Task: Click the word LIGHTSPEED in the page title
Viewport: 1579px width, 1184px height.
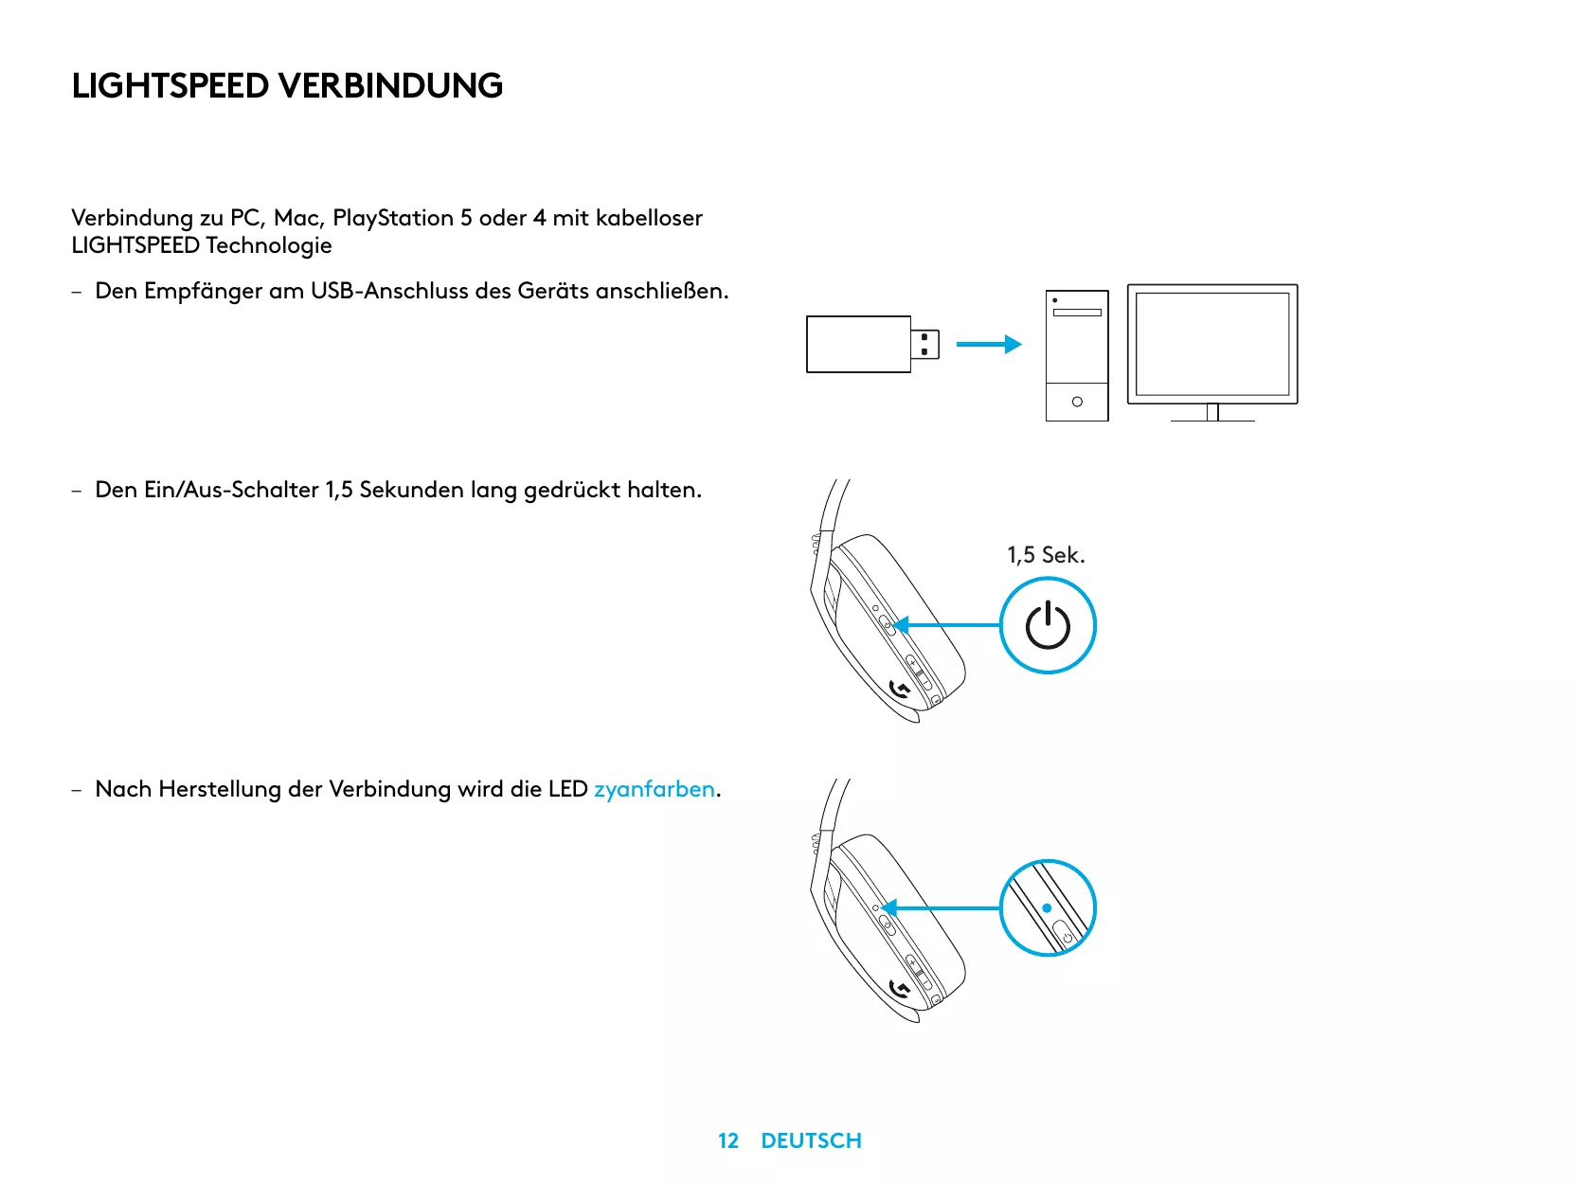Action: coord(170,85)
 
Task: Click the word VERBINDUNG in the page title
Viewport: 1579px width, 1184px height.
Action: coord(390,85)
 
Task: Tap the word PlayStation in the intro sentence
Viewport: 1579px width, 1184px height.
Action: coord(393,218)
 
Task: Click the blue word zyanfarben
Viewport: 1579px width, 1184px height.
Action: coord(654,789)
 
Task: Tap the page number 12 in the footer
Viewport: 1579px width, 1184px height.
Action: coord(728,1140)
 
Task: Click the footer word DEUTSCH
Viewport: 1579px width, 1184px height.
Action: coord(811,1140)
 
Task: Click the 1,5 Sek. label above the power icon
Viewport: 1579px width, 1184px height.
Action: coord(1045,555)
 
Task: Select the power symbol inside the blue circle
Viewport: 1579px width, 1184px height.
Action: coord(1048,625)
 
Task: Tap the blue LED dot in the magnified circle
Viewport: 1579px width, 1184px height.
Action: coord(1047,908)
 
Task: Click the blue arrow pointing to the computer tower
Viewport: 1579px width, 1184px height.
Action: coord(988,345)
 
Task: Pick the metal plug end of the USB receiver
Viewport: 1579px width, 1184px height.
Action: coord(925,345)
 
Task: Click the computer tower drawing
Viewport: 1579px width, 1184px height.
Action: coord(1077,355)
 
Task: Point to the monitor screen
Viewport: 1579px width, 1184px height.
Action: coord(1212,344)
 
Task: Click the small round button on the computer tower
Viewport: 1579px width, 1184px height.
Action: coord(1077,402)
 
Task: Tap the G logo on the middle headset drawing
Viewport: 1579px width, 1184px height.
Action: coord(900,690)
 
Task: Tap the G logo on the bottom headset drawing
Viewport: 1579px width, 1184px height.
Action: coord(900,990)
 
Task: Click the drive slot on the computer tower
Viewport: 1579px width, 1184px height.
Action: coord(1077,313)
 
